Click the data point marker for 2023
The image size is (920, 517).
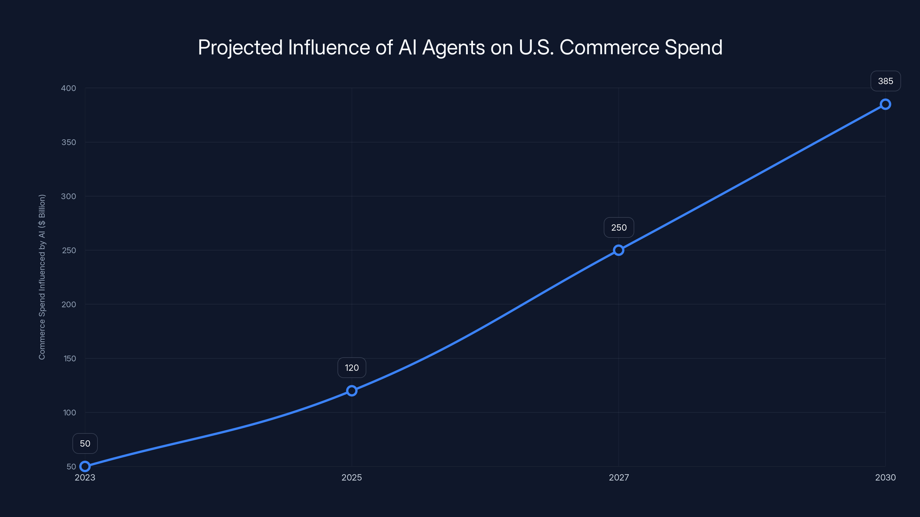(x=85, y=466)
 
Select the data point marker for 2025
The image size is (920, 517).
(x=352, y=391)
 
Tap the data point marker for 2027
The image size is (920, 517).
(x=619, y=250)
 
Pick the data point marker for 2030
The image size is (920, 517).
(x=885, y=104)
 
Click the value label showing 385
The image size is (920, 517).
(x=885, y=81)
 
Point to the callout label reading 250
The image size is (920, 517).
(x=619, y=228)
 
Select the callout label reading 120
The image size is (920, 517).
(x=352, y=368)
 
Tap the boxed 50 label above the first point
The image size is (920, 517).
(x=85, y=443)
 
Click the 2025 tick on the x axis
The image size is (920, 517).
(x=352, y=477)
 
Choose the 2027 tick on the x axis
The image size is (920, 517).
(x=619, y=477)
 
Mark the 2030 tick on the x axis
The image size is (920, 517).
(x=885, y=477)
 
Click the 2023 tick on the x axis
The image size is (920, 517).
(x=85, y=477)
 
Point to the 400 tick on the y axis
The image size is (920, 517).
(x=69, y=88)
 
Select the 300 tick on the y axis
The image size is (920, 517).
(x=69, y=196)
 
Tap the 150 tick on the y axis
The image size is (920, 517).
(x=70, y=358)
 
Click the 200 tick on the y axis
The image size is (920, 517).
(x=69, y=304)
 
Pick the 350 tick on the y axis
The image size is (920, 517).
(x=69, y=142)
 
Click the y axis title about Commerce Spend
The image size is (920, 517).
(x=42, y=277)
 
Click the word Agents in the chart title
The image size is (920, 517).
(x=454, y=48)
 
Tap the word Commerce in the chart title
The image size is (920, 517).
(x=609, y=47)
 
